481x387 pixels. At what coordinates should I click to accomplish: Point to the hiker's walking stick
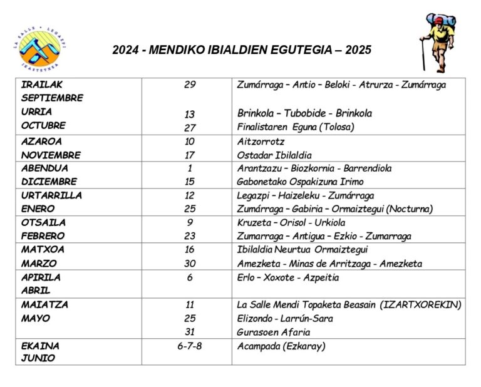click(x=423, y=54)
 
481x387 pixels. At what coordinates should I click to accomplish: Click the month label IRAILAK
click(x=43, y=85)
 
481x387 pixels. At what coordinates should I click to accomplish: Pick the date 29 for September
click(x=190, y=85)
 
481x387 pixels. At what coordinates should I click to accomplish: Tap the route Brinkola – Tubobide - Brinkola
click(x=304, y=113)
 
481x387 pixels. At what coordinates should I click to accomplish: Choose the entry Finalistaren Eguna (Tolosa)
click(x=296, y=126)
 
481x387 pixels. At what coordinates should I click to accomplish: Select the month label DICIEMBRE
click(x=49, y=182)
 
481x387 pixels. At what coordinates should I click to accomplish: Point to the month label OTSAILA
click(x=44, y=222)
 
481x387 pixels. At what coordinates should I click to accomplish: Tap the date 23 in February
click(x=190, y=236)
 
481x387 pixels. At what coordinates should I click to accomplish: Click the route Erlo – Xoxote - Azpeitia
click(x=288, y=277)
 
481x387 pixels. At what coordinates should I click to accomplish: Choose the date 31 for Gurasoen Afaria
click(x=190, y=332)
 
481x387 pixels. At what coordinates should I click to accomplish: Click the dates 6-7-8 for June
click(x=190, y=346)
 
